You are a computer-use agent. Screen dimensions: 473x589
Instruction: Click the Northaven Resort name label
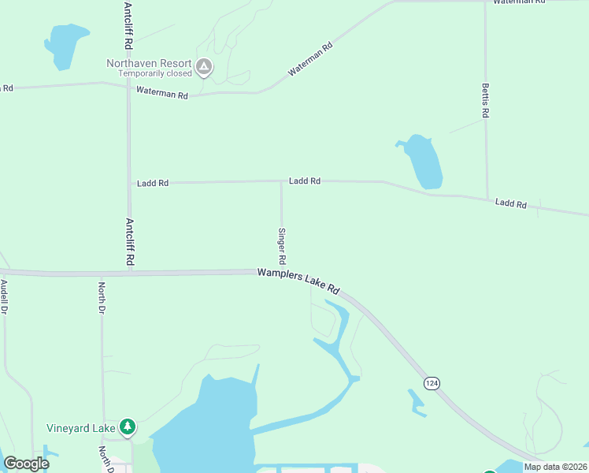[x=150, y=63]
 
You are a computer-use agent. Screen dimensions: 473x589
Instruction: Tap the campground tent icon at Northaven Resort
[x=204, y=67]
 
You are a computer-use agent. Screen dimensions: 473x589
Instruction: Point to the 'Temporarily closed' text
[x=155, y=74]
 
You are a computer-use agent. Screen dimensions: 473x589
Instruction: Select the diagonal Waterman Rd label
[x=310, y=59]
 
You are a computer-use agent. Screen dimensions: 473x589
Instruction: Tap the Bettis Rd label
[x=486, y=101]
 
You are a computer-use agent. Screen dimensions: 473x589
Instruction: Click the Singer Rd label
[x=281, y=246]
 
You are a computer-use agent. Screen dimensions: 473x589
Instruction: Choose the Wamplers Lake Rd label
[x=298, y=281]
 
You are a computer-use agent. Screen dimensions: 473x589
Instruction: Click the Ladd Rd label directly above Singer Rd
[x=304, y=181]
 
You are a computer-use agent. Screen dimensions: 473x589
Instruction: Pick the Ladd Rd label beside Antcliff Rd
[x=153, y=184]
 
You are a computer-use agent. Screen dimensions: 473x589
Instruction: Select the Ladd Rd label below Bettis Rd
[x=510, y=203]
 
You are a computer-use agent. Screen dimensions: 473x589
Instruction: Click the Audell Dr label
[x=4, y=297]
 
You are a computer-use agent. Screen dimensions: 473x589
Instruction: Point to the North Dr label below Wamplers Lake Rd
[x=102, y=297]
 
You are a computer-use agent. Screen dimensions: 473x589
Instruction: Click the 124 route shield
[x=432, y=382]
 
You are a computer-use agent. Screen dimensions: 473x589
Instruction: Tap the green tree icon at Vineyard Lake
[x=128, y=427]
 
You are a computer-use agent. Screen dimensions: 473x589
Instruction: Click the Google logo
[x=26, y=464]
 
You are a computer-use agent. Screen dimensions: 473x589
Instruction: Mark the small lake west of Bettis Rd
[x=421, y=162]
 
